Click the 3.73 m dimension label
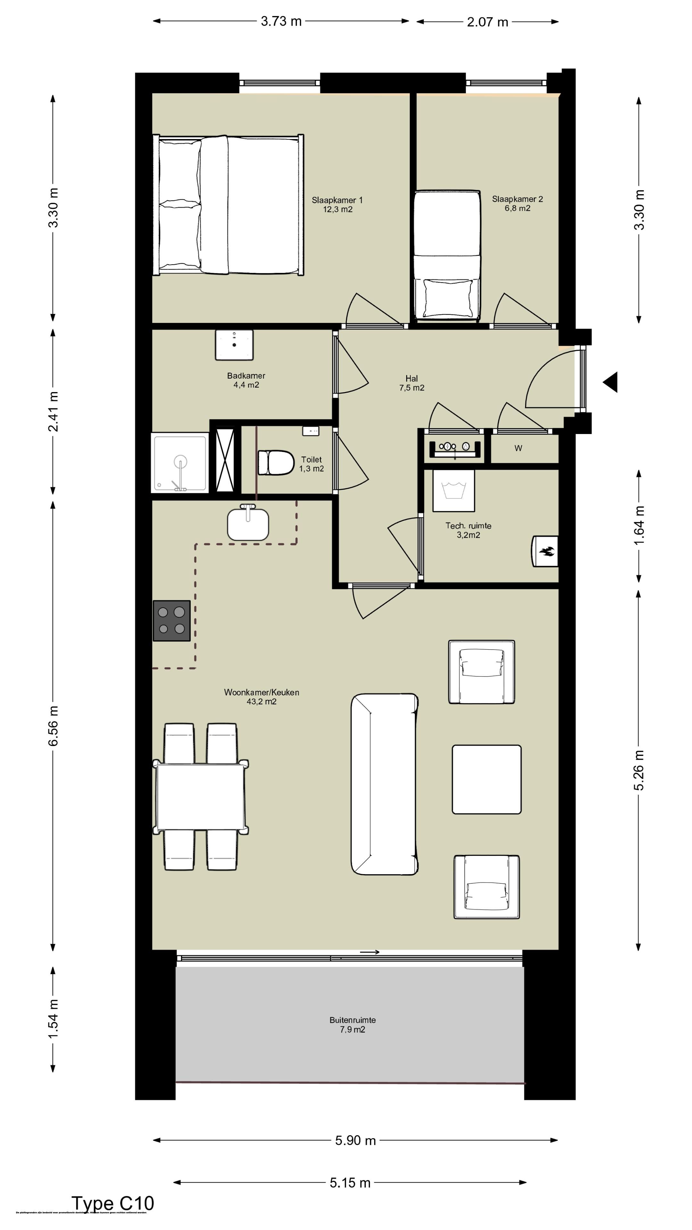[x=281, y=21]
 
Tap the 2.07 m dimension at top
[x=487, y=22]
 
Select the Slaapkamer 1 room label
[x=337, y=204]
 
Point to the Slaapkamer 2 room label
[x=517, y=203]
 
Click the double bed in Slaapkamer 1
[x=228, y=205]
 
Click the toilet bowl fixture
[x=276, y=462]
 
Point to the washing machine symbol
[x=454, y=490]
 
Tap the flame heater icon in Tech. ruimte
[x=545, y=552]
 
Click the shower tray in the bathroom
[x=180, y=462]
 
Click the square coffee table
[x=487, y=779]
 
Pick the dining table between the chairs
[x=201, y=797]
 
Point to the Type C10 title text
[x=113, y=1203]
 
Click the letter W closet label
[x=518, y=448]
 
